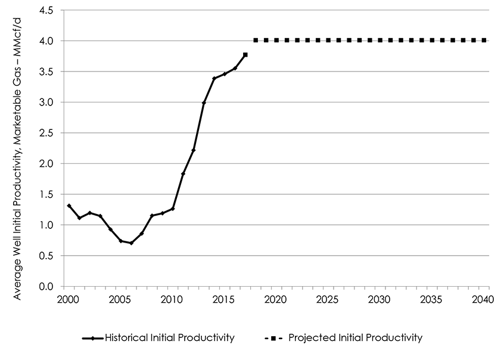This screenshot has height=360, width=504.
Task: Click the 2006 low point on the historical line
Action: point(131,243)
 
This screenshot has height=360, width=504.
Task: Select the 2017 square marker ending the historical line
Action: point(245,55)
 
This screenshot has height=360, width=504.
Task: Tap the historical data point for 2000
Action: point(69,206)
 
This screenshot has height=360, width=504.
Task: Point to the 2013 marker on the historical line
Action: point(204,103)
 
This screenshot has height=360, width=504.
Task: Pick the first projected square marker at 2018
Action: point(256,41)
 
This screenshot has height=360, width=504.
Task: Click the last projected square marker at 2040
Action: point(484,41)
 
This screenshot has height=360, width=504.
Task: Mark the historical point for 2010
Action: point(173,209)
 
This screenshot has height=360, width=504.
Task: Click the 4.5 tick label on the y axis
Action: point(47,11)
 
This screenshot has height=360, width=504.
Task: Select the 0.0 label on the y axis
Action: point(47,287)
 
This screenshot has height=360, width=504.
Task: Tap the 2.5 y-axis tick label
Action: point(47,134)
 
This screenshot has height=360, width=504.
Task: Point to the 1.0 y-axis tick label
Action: point(47,225)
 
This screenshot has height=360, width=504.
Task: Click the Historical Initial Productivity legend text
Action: point(169,338)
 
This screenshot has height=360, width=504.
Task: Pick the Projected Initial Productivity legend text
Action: point(355,338)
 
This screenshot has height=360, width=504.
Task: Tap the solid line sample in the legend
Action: point(92,338)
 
